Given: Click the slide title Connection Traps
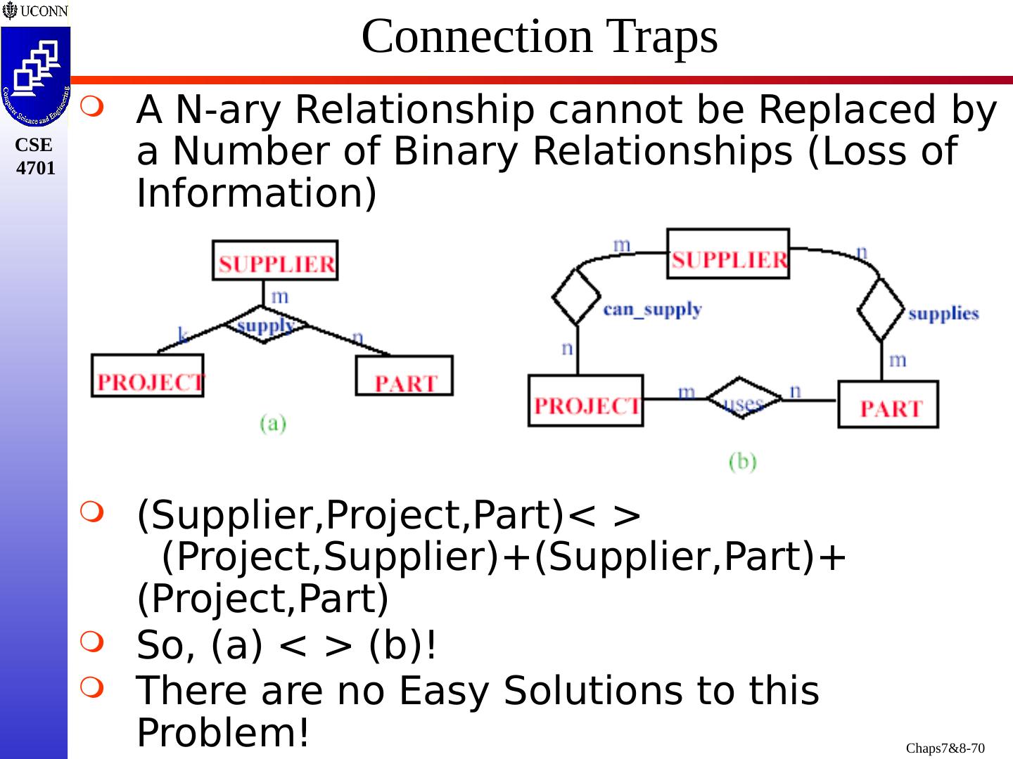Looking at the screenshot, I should tap(540, 37).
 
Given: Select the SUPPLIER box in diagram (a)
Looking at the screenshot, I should tap(275, 261).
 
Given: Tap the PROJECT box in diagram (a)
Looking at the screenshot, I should tap(148, 376).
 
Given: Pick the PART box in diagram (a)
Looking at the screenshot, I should tap(404, 376).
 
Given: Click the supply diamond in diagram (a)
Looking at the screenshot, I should tap(265, 325).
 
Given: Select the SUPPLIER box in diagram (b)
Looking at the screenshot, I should tap(728, 254).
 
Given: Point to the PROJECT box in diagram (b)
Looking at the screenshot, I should tap(585, 401).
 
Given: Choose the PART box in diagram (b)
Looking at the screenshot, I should tap(888, 404).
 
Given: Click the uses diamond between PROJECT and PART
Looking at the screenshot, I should tap(743, 399).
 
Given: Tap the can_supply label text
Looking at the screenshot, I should tap(652, 309).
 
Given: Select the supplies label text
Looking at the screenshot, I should tap(943, 313).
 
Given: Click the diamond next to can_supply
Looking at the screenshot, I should tap(577, 298).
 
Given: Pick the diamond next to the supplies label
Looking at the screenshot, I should tap(881, 310).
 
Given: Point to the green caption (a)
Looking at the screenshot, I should tap(273, 423).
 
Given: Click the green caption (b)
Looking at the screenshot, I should tap(742, 462).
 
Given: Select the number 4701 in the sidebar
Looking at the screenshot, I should tap(35, 169).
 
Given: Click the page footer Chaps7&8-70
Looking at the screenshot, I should tap(945, 748).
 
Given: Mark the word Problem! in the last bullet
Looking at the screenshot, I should tap(223, 732).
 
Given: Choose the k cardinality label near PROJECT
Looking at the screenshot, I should tap(183, 335).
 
